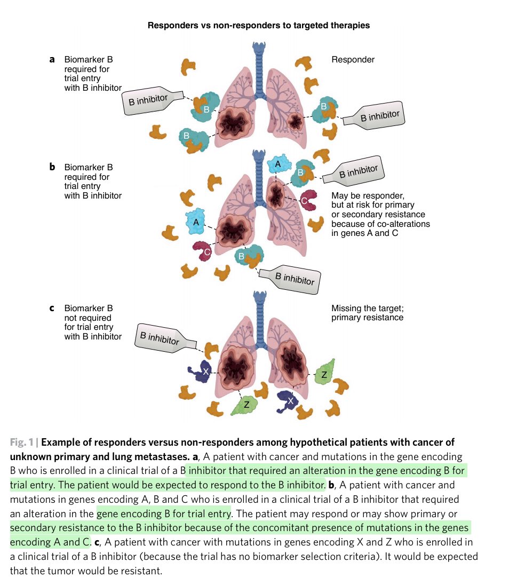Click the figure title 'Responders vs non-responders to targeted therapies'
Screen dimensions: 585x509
[259, 25]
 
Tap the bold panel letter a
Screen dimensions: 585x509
[52, 60]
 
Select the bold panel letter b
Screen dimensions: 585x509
[52, 167]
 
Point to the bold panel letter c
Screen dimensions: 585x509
[52, 308]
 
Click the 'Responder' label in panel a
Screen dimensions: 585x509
[353, 60]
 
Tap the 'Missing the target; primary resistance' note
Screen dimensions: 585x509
[367, 313]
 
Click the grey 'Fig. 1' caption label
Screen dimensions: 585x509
[23, 442]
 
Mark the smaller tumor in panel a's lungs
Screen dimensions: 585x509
[295, 121]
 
